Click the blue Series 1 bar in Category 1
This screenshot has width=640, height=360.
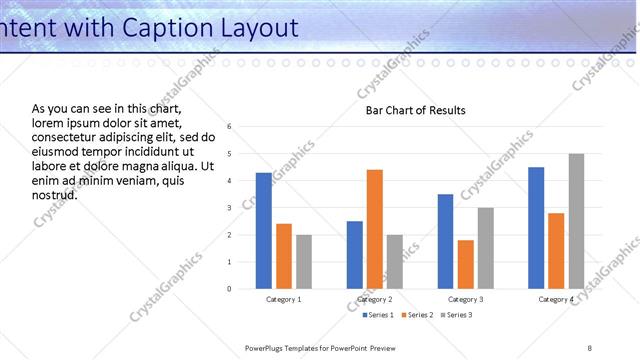pos(264,231)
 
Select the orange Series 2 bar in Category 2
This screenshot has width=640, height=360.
pos(375,229)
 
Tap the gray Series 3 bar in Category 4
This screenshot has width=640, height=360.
pos(576,221)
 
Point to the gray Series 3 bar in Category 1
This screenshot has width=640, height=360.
pos(304,262)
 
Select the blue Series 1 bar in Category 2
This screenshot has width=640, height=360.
pos(355,255)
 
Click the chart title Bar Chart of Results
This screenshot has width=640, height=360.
pos(416,110)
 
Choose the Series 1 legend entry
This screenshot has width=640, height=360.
pos(376,315)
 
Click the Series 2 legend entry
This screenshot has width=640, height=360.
pos(416,315)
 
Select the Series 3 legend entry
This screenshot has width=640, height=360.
pos(456,315)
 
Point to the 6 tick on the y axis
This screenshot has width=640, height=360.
pos(230,127)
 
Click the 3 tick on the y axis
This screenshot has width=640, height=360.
pos(230,208)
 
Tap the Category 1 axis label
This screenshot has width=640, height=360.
pos(284,299)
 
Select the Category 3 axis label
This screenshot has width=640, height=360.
pos(465,299)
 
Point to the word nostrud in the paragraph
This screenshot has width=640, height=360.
pos(55,195)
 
